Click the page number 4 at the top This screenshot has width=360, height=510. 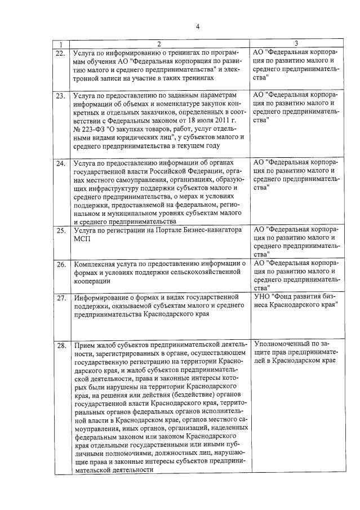198,26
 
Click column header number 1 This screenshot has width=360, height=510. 60,43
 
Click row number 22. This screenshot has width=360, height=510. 60,53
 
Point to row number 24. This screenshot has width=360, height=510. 60,163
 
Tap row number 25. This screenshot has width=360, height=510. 60,231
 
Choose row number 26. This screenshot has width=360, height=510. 60,264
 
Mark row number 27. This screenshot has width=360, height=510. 60,298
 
